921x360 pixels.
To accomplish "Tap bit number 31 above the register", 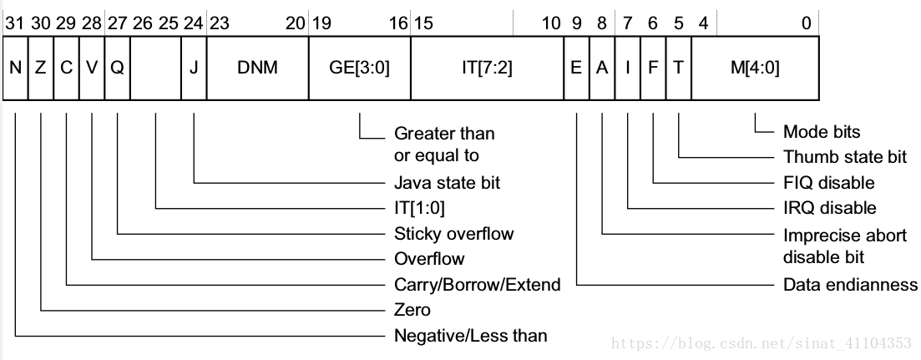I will click(14, 23).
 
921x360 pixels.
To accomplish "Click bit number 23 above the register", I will click(219, 23).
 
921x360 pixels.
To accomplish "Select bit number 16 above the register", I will click(398, 23).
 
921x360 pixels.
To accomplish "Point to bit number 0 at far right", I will click(806, 23).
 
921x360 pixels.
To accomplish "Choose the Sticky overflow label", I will click(453, 233).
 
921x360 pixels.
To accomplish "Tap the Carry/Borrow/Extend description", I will click(477, 285).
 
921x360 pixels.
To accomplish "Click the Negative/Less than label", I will click(470, 336).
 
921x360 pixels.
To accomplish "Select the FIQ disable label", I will click(828, 182).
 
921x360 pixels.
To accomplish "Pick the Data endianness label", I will click(850, 285).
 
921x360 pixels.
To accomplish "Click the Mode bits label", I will click(821, 131).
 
